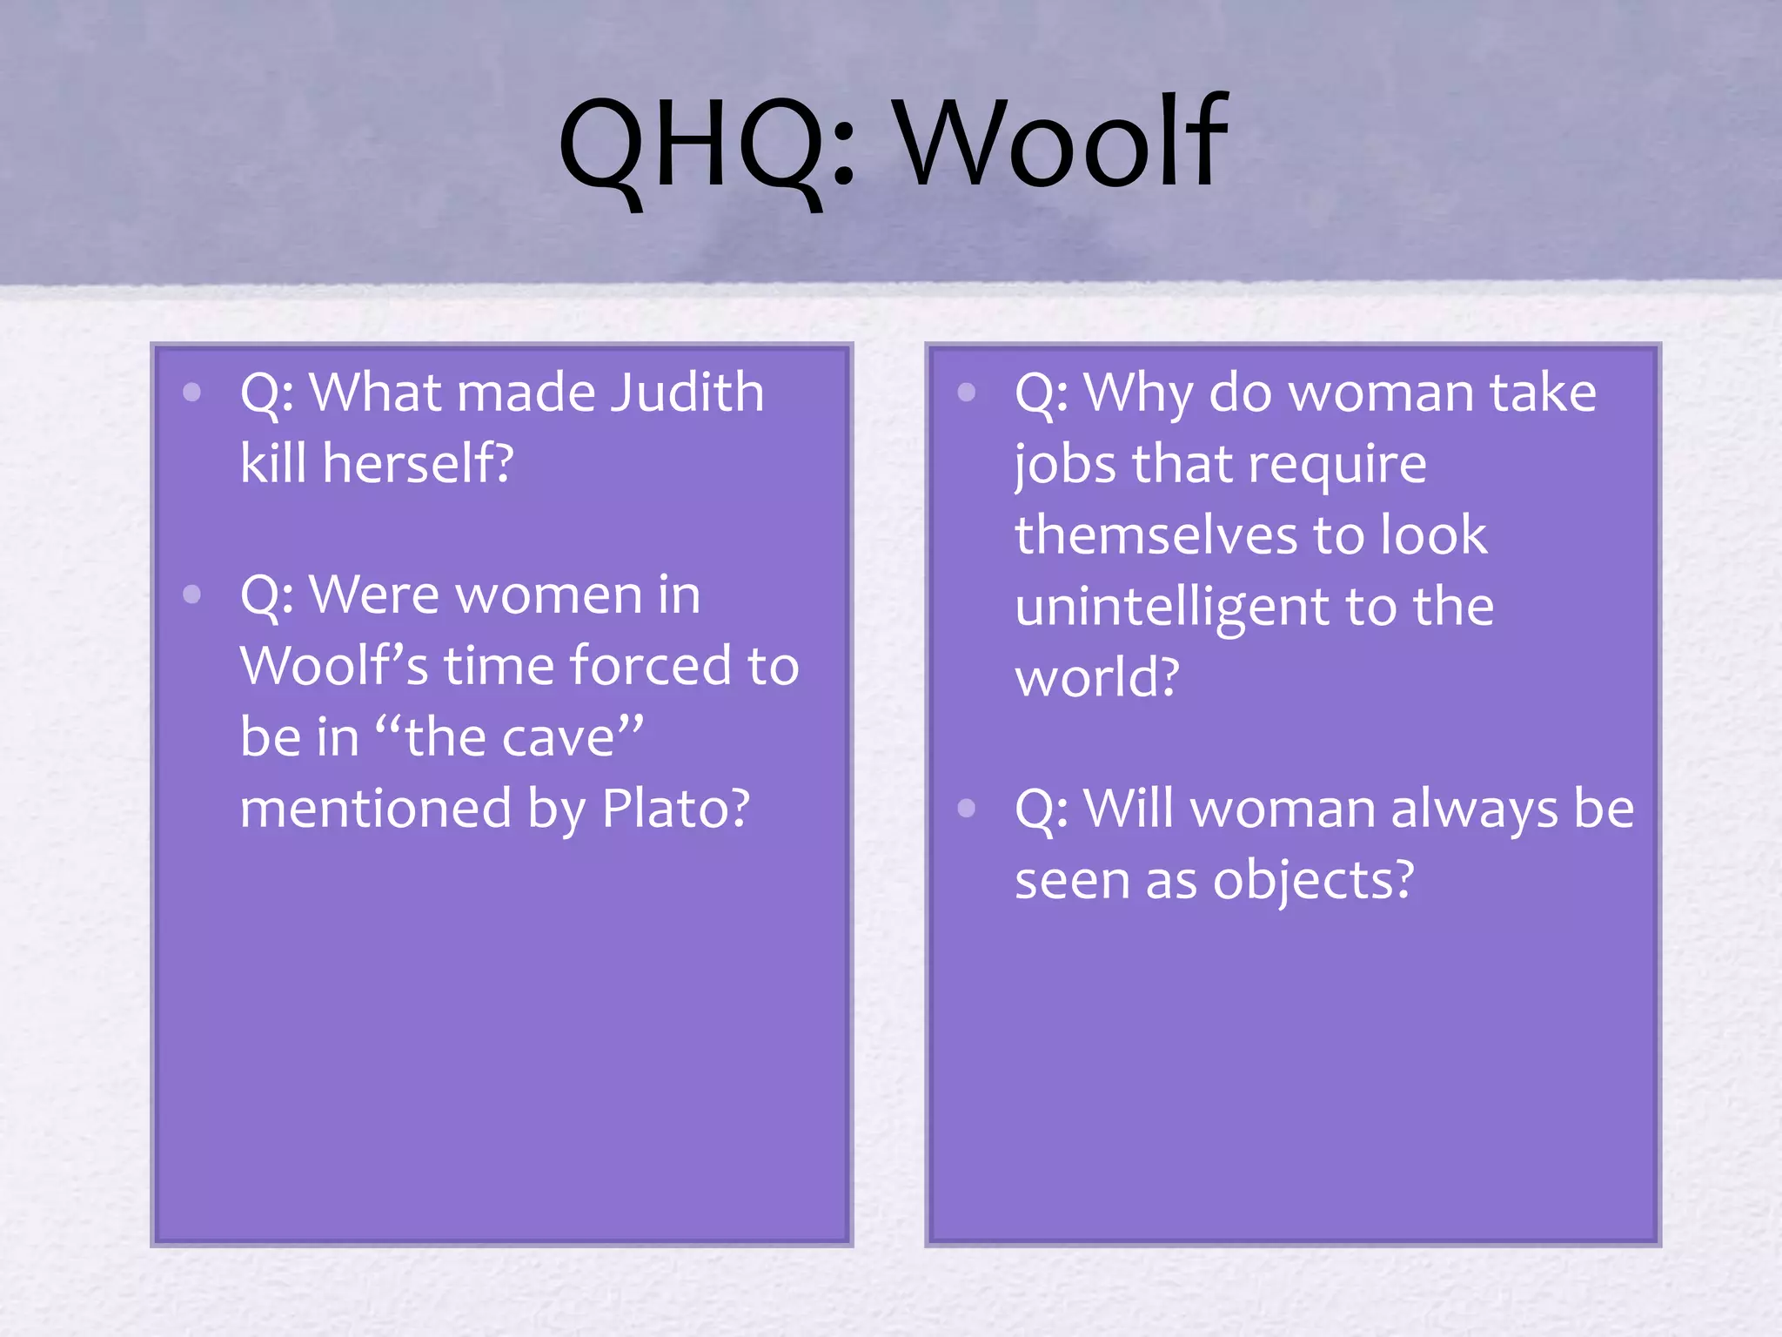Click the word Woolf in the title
pos(1063,144)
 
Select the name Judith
pos(687,393)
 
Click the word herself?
pos(419,463)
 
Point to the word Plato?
pos(676,809)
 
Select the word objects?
pos(1314,881)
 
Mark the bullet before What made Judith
pos(192,393)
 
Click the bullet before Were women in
pos(192,595)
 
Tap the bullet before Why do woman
pos(966,393)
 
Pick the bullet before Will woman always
pos(966,809)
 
